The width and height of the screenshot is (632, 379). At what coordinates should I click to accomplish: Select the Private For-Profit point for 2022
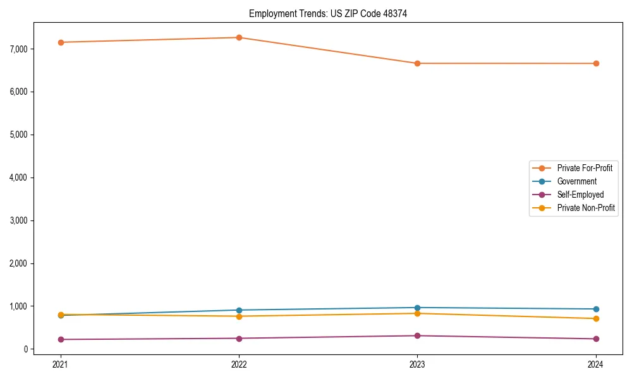click(x=239, y=37)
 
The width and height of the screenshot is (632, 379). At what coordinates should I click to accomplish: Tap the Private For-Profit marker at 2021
click(x=61, y=42)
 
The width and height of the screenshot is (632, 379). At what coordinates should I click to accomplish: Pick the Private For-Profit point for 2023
click(x=417, y=63)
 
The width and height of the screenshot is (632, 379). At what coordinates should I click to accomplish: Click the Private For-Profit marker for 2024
click(x=596, y=63)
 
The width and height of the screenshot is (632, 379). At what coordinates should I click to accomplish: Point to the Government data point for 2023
click(x=417, y=308)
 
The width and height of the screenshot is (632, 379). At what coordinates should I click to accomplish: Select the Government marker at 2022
click(x=239, y=310)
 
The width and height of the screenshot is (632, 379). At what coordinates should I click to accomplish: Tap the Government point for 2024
click(x=596, y=309)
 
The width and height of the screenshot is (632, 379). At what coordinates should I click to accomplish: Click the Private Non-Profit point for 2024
click(x=596, y=318)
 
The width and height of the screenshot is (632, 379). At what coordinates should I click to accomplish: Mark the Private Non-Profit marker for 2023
click(x=417, y=313)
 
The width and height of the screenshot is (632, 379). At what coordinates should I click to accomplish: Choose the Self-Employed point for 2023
click(x=417, y=335)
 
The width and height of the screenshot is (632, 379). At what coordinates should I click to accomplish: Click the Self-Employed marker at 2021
click(x=61, y=339)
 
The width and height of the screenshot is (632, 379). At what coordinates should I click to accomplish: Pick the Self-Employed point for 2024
click(x=596, y=339)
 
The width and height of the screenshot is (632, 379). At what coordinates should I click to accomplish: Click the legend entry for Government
click(x=576, y=181)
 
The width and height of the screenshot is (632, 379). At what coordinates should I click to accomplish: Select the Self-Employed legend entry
click(x=580, y=195)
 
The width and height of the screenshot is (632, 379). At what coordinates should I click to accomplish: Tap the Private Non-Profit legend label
click(x=586, y=208)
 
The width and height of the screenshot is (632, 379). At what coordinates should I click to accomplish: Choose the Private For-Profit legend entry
click(x=584, y=168)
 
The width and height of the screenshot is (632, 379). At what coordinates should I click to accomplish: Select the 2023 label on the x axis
click(x=417, y=364)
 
